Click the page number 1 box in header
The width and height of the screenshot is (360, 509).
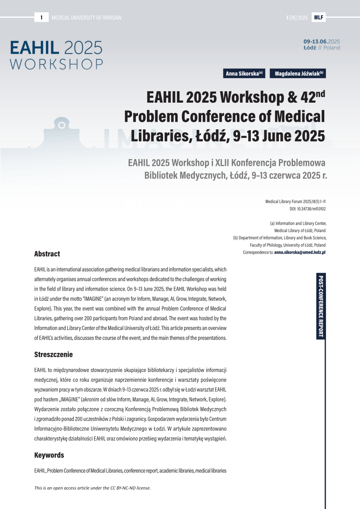(41, 17)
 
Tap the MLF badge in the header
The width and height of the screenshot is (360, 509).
(318, 17)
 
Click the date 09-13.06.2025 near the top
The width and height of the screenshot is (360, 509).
(321, 42)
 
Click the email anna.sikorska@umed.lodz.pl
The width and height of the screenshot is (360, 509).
(300, 252)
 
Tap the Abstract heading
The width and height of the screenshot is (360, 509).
(47, 254)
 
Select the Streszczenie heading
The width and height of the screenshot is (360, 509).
(53, 354)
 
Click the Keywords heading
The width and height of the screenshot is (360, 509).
(49, 455)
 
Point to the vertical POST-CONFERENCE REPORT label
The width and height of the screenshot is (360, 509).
(321, 307)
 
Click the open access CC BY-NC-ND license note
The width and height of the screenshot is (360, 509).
(93, 488)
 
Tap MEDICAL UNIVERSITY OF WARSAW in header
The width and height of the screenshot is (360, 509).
(87, 17)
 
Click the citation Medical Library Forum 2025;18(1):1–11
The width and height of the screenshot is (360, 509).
(295, 201)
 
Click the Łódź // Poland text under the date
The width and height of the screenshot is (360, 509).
(321, 48)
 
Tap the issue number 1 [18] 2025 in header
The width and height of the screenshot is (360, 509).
(297, 17)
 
